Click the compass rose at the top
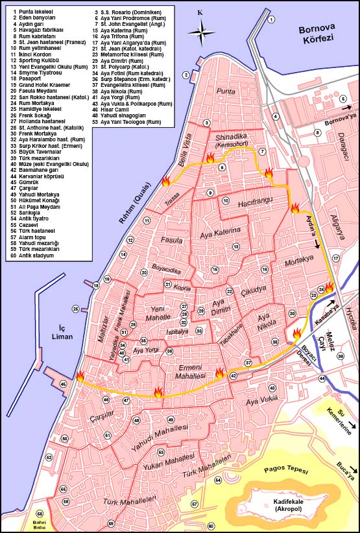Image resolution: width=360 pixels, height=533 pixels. point(200,29)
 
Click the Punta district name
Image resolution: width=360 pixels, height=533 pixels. point(226,91)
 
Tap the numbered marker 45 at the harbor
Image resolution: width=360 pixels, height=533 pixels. point(63,385)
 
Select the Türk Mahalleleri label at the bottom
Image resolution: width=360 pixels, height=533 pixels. point(130,501)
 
